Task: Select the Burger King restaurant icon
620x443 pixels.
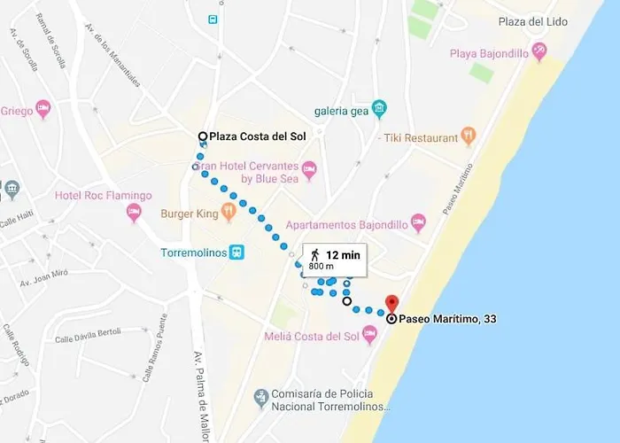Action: [229, 212]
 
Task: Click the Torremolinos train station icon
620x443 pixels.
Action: [237, 252]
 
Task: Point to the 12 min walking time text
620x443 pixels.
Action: [343, 254]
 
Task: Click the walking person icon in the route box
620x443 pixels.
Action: [314, 255]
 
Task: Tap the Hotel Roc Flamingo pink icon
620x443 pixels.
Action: [134, 211]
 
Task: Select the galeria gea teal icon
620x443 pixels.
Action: [379, 110]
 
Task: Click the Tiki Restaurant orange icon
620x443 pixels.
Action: [469, 137]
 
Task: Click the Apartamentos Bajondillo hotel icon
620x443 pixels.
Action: [418, 224]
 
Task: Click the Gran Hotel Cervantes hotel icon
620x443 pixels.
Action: [308, 168]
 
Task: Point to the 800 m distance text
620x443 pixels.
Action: [321, 266]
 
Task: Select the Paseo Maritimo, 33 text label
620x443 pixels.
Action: [446, 319]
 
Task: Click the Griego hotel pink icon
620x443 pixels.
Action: [43, 111]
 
